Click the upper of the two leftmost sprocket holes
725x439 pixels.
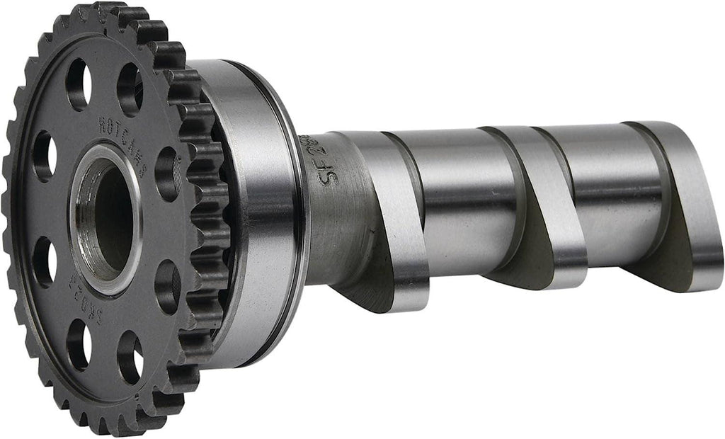[43, 156]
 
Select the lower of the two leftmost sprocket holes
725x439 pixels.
[43, 262]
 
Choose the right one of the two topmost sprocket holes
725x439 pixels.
[130, 89]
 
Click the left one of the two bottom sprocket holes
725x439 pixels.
[78, 344]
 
